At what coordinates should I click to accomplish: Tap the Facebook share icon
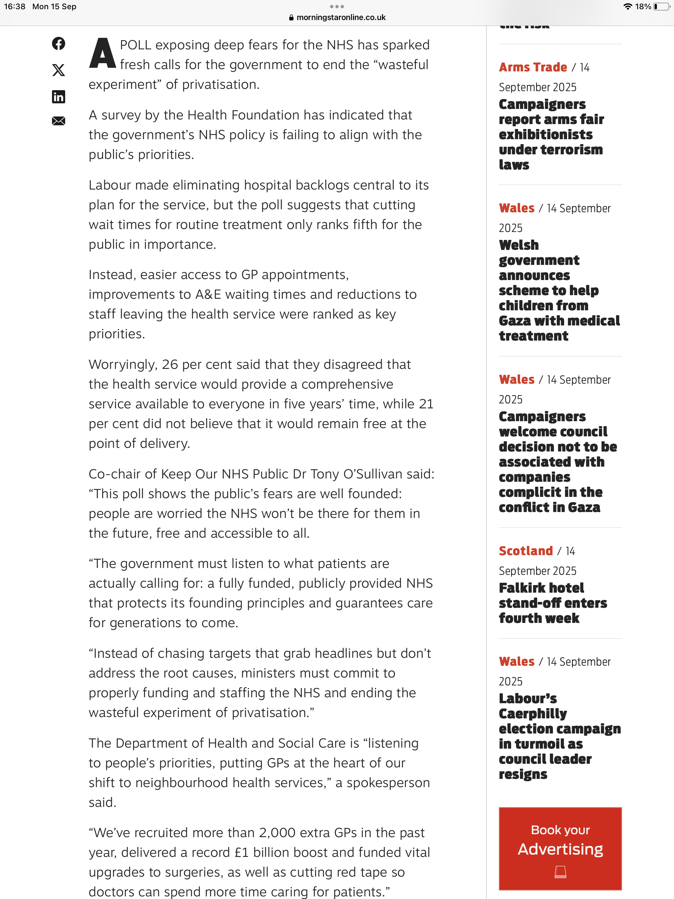59,43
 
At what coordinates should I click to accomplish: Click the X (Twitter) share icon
59,70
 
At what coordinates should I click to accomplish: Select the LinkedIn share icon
59,96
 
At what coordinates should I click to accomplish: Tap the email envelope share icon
59,121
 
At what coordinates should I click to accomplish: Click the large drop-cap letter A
102,54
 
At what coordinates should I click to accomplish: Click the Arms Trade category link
532,67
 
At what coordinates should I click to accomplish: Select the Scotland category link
526,551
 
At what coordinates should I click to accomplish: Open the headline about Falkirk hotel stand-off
553,603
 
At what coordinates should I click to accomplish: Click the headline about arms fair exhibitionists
551,135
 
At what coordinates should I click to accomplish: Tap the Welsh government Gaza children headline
559,291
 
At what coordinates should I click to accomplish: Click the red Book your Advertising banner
560,848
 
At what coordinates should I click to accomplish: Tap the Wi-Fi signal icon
627,7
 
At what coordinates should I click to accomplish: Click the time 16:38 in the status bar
14,7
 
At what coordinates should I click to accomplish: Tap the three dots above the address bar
337,7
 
